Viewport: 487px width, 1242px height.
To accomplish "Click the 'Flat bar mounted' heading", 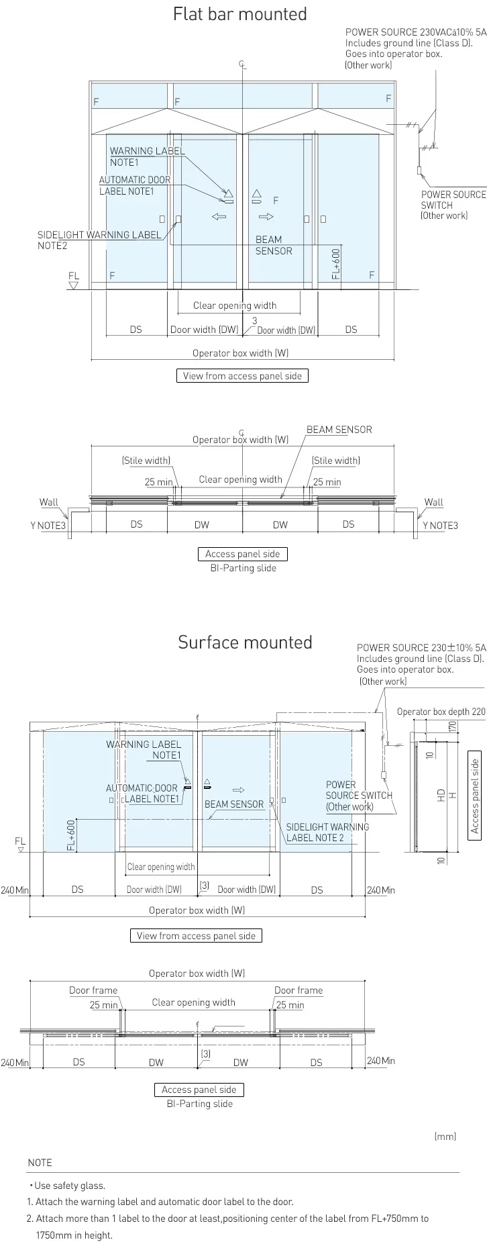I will pos(239,14).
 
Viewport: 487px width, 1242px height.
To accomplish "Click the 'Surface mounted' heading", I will pos(245,642).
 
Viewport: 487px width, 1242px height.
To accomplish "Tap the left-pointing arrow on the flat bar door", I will pos(219,217).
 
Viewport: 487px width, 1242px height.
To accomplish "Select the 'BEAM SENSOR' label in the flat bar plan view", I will pos(339,430).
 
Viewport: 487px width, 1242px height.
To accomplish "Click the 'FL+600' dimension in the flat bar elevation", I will pos(336,263).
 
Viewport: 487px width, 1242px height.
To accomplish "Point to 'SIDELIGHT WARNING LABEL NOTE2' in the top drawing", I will pos(99,240).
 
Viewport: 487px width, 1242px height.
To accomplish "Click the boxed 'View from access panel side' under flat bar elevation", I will pos(242,376).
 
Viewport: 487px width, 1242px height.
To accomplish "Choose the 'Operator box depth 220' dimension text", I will pos(441,712).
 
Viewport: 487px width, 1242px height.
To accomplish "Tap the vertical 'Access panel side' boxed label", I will pos(475,796).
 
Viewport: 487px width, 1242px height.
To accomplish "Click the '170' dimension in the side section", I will pos(452,726).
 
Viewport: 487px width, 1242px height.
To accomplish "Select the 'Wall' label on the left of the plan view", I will pos(49,502).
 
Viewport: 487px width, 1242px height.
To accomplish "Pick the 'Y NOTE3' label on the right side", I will pos(440,526).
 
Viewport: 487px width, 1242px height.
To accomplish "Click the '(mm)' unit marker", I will pos(445,1137).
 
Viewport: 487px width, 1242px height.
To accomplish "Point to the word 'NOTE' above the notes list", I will pos(40,1163).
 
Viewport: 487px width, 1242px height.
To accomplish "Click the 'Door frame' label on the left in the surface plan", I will pos(93,990).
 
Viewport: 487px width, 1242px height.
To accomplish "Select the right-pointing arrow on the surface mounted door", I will pos(238,790).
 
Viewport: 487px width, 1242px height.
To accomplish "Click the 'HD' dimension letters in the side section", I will pos(441,795).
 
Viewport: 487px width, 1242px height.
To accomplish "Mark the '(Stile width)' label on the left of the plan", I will pos(146,461).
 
